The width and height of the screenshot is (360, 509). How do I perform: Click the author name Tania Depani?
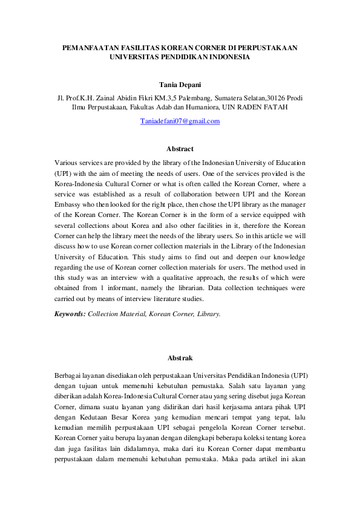[180, 86]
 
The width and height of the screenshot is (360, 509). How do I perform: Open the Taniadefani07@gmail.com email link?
[180, 121]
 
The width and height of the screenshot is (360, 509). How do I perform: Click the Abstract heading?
[180, 149]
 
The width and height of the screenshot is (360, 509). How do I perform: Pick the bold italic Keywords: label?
[70, 314]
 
